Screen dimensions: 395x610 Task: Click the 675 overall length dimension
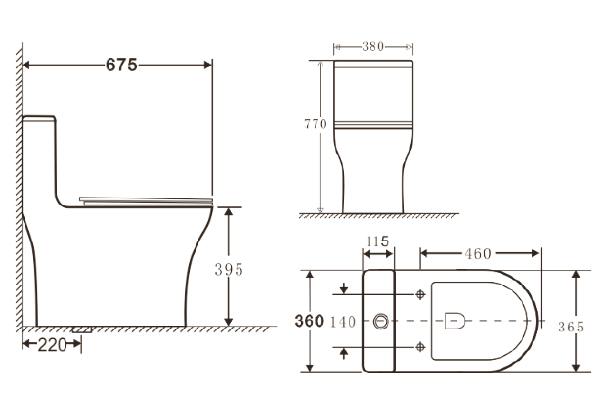(121, 65)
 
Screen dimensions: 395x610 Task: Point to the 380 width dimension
(371, 46)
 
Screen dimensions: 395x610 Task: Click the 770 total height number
(314, 124)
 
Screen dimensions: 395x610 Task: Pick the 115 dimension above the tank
(378, 241)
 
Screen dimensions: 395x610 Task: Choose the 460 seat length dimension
(478, 254)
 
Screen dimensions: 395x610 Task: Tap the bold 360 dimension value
(309, 321)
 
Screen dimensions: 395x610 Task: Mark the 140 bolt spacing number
(343, 322)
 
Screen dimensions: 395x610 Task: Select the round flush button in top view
(379, 320)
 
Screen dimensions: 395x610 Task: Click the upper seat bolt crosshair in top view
(420, 293)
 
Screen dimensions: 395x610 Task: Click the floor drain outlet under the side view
(82, 330)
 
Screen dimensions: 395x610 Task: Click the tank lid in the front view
(371, 66)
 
